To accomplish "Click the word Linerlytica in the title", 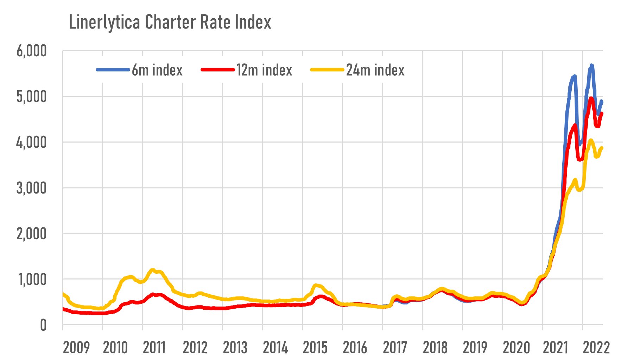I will (x=104, y=23).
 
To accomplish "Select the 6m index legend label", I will (x=157, y=70).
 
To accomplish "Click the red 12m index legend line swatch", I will (x=217, y=70).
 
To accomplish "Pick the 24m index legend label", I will (x=375, y=70).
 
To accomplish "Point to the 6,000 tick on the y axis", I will (x=31, y=51).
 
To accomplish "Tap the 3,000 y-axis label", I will (x=31, y=188).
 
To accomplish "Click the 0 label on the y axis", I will (x=43, y=326).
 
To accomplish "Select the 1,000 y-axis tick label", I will (x=31, y=280).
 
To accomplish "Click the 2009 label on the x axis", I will (x=76, y=348).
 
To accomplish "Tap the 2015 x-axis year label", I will (x=315, y=348).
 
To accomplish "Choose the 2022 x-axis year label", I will (x=596, y=348).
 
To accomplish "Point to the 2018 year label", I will (x=435, y=348).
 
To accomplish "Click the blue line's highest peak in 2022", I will (x=591, y=65).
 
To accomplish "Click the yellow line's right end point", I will (x=602, y=148).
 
